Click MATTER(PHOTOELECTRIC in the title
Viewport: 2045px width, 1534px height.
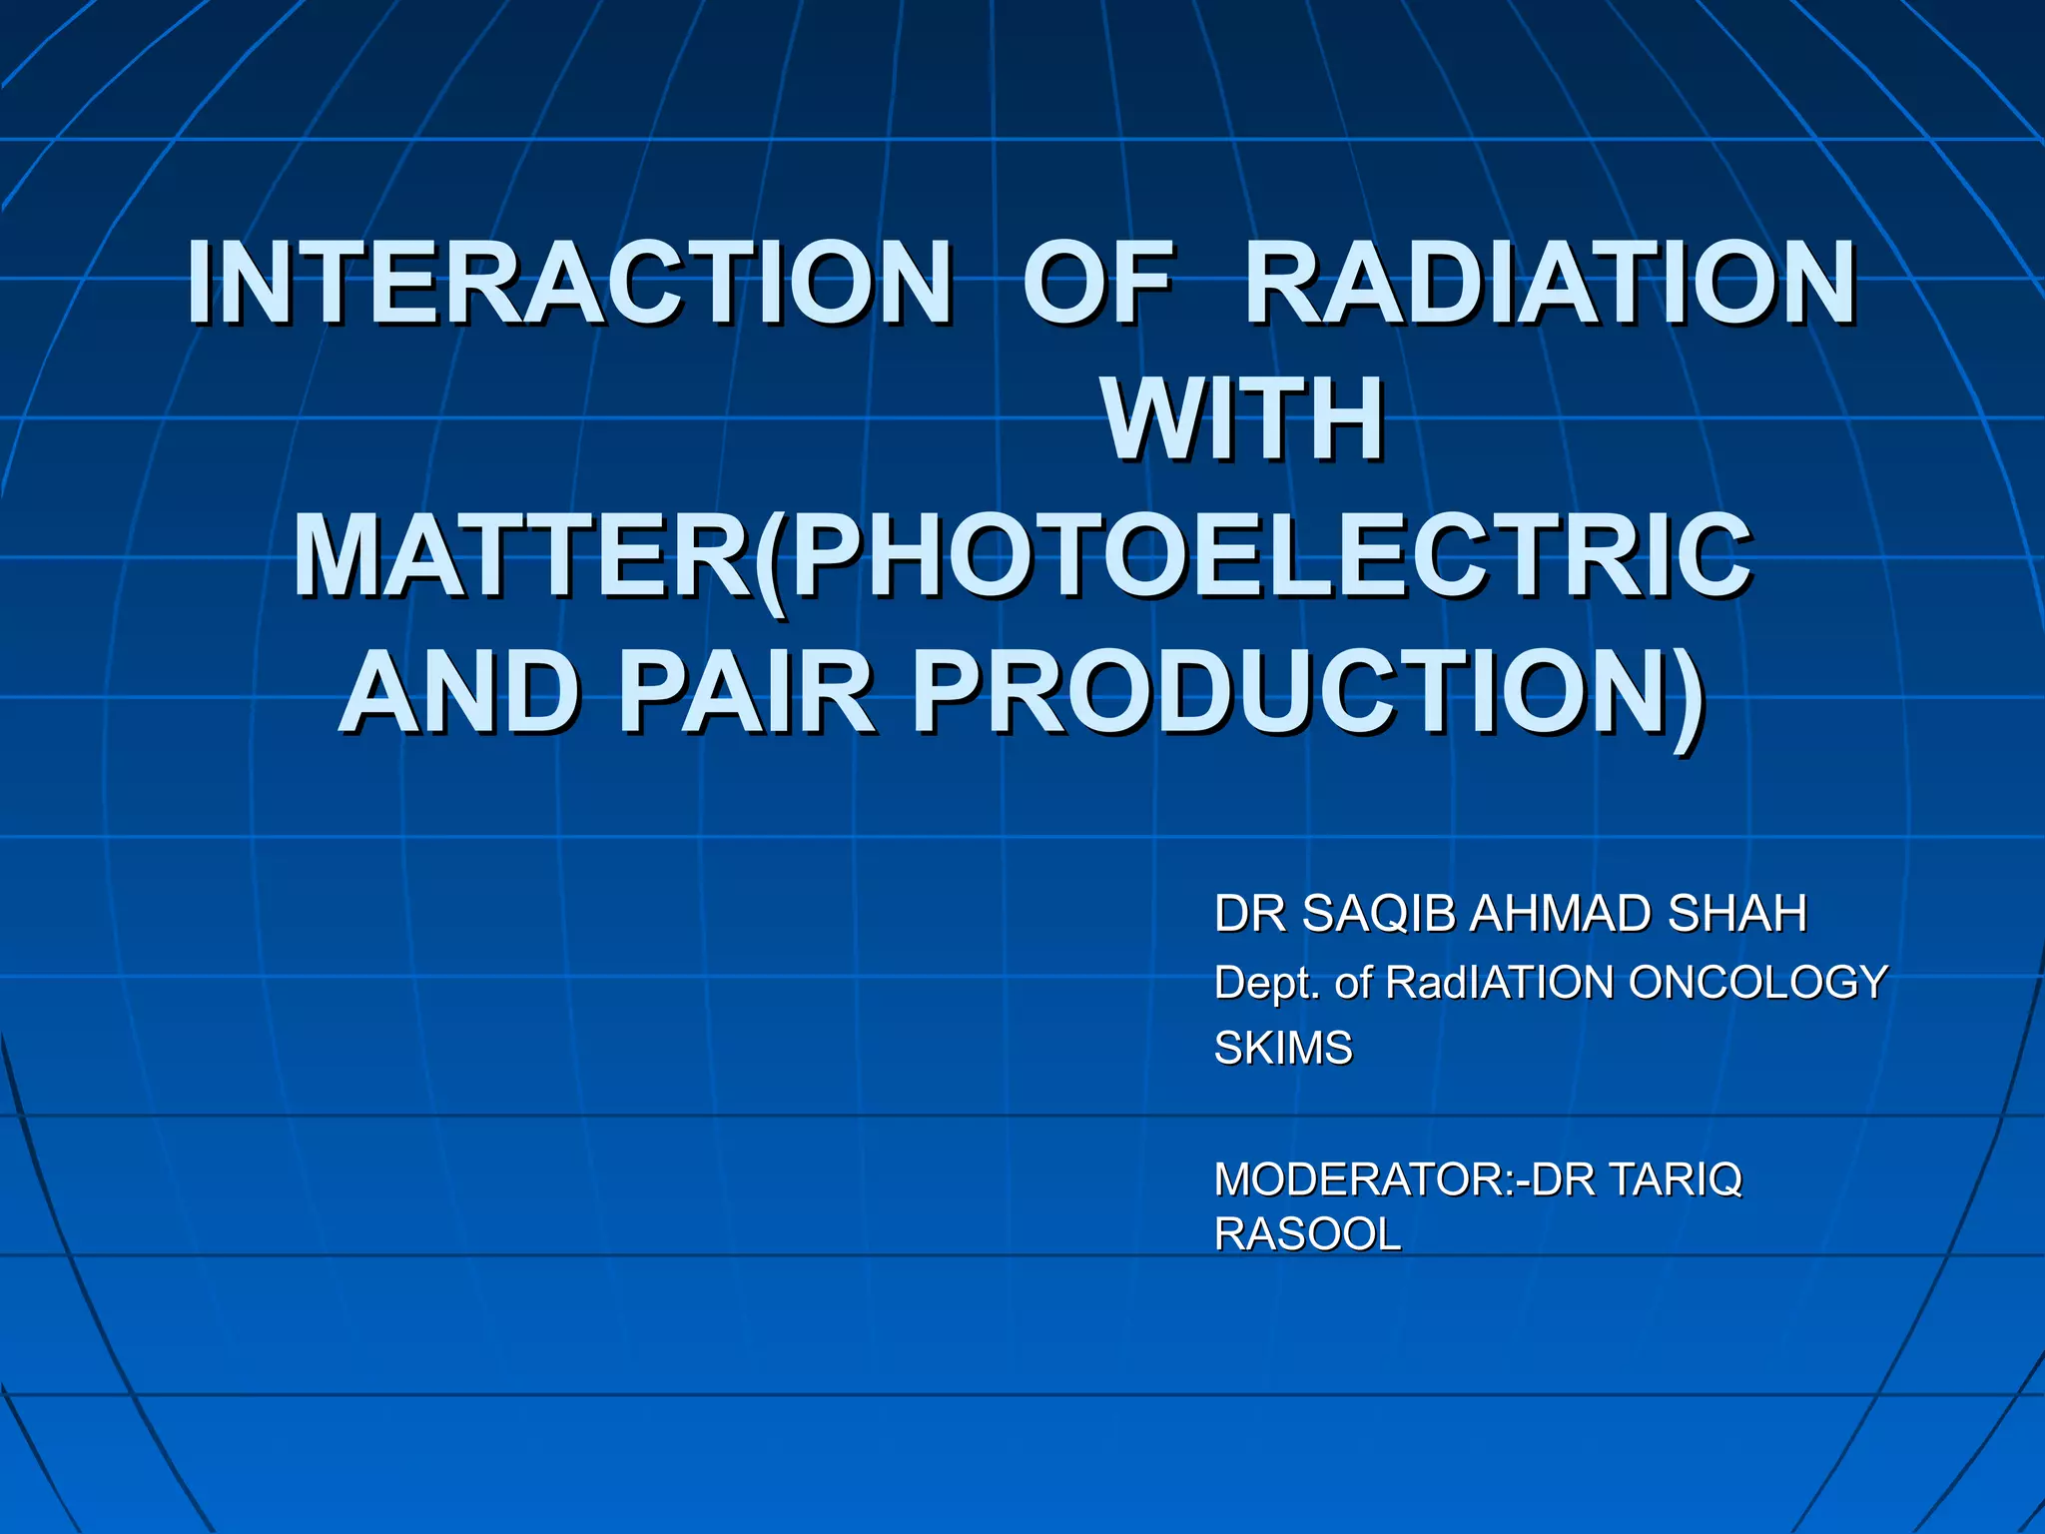pyautogui.click(x=1022, y=556)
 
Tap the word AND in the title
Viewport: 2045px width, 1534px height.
pyautogui.click(x=460, y=692)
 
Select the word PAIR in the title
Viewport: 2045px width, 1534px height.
pyautogui.click(x=746, y=692)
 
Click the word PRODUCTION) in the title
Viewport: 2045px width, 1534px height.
pyautogui.click(x=1308, y=692)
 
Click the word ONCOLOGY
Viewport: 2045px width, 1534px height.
pyautogui.click(x=1757, y=984)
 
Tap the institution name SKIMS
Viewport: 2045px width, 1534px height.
pyautogui.click(x=1282, y=1049)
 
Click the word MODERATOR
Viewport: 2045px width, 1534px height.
pyautogui.click(x=1357, y=1180)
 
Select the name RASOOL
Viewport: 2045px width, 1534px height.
pyautogui.click(x=1307, y=1235)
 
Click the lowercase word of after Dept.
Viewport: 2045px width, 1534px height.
pyautogui.click(x=1353, y=984)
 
